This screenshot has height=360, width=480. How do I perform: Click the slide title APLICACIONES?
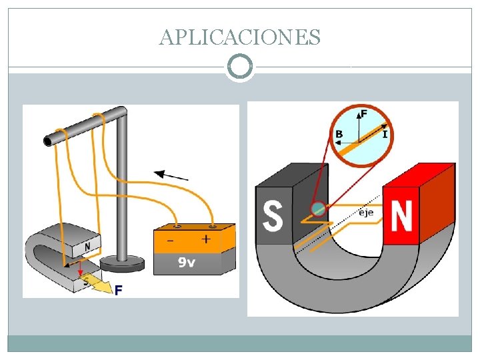pos(240,37)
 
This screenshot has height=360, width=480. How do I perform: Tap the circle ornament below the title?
pos(240,67)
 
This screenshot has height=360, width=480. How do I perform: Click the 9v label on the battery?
pos(187,262)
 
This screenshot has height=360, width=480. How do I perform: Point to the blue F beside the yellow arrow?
pos(119,290)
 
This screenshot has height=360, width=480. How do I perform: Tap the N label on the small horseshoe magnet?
pos(87,247)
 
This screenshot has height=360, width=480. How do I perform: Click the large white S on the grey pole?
pos(273,215)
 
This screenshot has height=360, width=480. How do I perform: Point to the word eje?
pos(366,213)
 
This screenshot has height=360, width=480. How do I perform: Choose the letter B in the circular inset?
pos(339,135)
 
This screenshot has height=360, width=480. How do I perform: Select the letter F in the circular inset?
pos(364,113)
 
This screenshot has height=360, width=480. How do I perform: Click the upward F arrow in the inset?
pos(360,127)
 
